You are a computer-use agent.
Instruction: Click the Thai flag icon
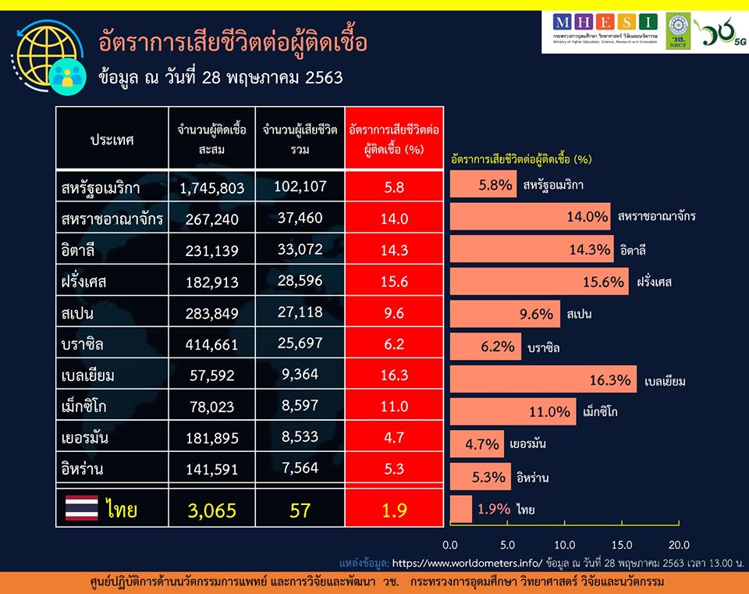tap(81, 509)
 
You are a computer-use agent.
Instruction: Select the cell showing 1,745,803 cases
tap(211, 188)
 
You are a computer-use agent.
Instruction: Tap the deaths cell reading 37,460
tap(300, 218)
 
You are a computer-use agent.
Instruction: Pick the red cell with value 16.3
tap(394, 375)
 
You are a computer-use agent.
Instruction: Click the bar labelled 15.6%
tap(539, 281)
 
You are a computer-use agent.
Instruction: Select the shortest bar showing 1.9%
tap(461, 509)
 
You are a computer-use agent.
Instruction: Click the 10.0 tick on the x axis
tap(565, 544)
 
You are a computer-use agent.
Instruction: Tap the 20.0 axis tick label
tap(680, 544)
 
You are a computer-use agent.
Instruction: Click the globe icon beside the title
tap(48, 55)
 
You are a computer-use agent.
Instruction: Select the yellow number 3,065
tap(211, 510)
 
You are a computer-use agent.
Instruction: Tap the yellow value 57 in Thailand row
tap(300, 510)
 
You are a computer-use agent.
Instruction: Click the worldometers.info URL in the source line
tap(467, 561)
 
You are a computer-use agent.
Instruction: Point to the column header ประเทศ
tap(112, 140)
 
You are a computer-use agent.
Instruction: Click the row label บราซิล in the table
tap(88, 344)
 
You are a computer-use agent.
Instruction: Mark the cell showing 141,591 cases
tap(211, 469)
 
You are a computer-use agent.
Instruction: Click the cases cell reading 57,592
tap(211, 375)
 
